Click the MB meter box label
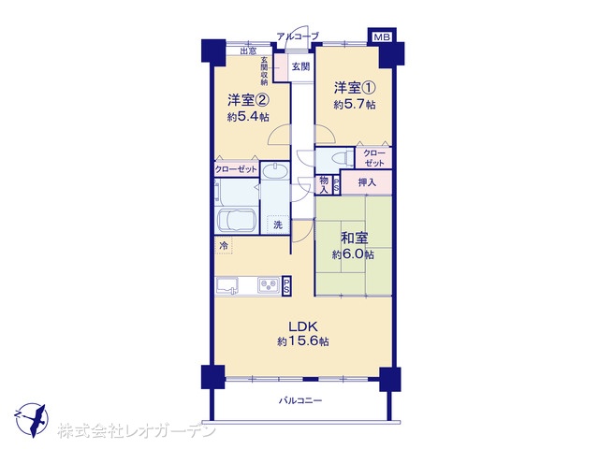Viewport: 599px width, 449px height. click(382, 37)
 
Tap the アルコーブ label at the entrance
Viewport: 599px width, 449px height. click(298, 36)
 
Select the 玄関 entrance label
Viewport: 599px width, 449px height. click(300, 66)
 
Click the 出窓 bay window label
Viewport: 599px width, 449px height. click(248, 51)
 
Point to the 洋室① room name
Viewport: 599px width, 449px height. click(355, 88)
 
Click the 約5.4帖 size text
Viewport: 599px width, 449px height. click(248, 116)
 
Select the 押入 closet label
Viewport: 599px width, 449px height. click(367, 182)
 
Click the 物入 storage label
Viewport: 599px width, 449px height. click(324, 184)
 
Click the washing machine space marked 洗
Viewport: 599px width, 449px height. click(278, 224)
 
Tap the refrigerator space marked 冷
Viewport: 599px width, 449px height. click(224, 245)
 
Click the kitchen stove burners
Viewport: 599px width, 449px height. click(269, 284)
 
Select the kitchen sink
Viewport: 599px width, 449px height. click(227, 285)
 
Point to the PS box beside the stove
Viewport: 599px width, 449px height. click(286, 285)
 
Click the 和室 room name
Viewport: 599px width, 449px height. click(355, 238)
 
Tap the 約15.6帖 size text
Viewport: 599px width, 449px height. click(303, 341)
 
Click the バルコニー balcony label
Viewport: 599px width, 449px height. click(300, 400)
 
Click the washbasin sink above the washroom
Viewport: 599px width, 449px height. click(274, 170)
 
